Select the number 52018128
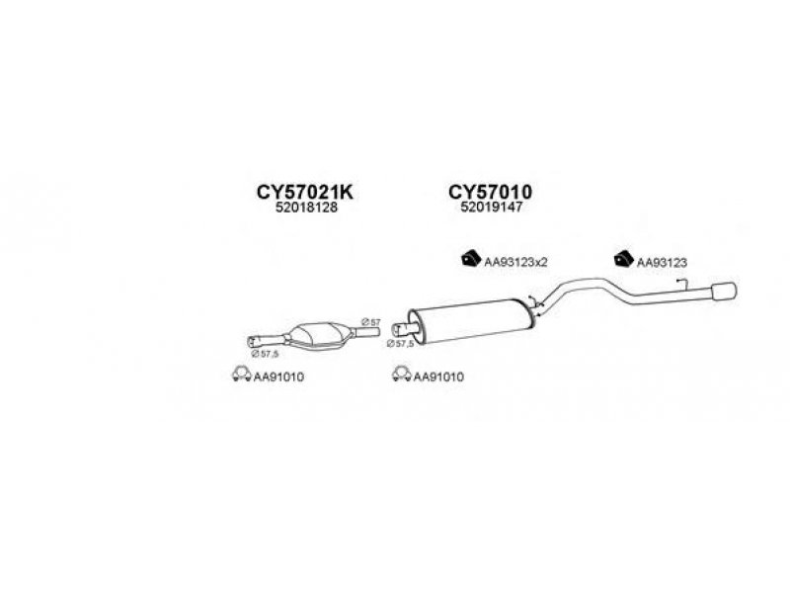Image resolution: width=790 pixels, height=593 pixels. [288, 210]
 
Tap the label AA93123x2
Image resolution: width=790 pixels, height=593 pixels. [515, 262]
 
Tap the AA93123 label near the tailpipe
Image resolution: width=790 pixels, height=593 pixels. [661, 262]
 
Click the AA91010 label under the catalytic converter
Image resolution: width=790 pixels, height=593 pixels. [278, 376]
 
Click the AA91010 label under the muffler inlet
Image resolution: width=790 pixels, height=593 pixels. [438, 376]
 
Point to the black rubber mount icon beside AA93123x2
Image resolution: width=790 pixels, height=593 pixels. [469, 260]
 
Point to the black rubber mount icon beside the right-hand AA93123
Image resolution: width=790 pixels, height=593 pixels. [623, 260]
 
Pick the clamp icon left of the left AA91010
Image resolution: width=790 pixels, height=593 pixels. [239, 375]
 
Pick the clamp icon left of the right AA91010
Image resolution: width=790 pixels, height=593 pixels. [400, 375]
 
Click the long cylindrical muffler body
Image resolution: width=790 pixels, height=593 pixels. [469, 318]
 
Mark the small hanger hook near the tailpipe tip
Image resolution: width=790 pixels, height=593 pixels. [680, 284]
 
